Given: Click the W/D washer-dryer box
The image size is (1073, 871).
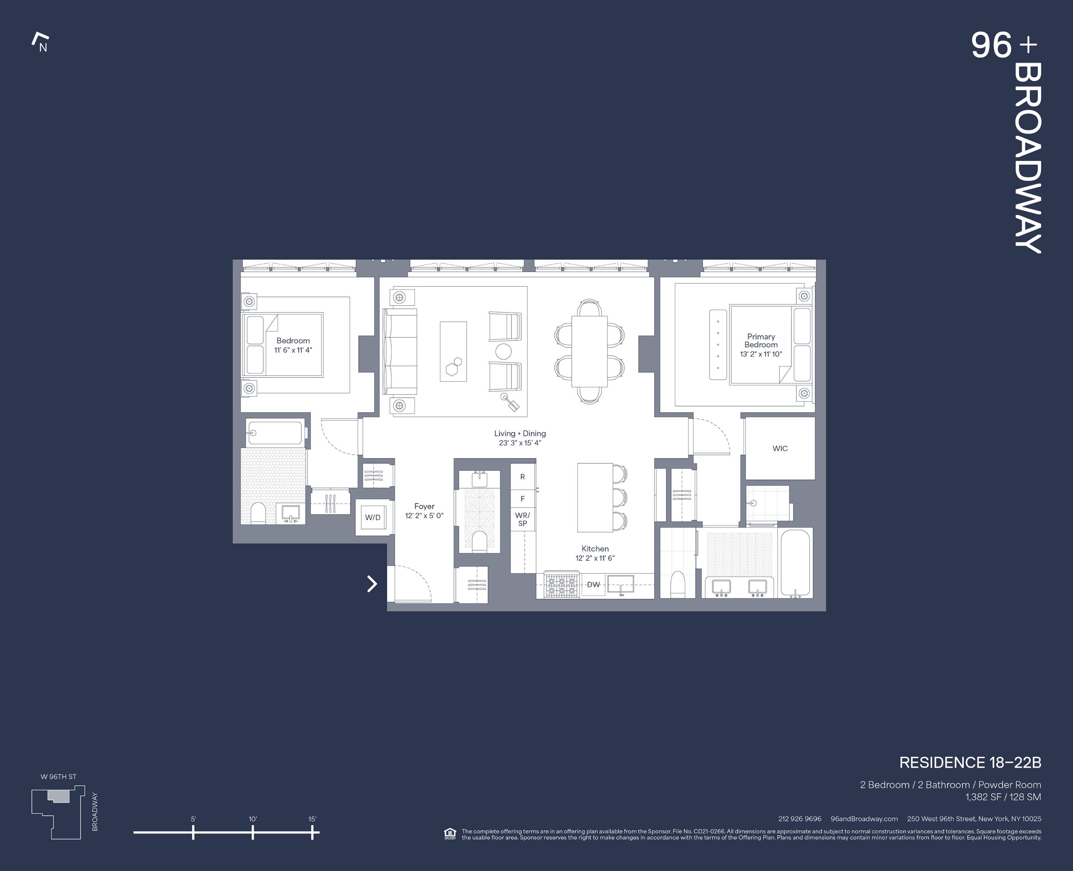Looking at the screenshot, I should tap(372, 517).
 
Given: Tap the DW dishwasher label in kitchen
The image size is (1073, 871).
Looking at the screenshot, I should tap(593, 585).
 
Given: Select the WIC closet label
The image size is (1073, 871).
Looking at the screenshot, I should tap(779, 448).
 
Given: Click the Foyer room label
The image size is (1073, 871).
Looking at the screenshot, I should tap(424, 506).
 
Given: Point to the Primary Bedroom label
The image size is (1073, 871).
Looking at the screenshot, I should tap(761, 341).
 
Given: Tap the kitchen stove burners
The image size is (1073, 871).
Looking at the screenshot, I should tap(562, 586).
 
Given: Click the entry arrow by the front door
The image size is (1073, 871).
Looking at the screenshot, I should tap(372, 583).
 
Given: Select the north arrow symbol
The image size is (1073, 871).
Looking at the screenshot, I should tap(41, 43).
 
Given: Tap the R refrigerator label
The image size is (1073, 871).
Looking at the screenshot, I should tap(522, 477).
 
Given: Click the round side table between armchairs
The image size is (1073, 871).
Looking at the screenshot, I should tap(503, 352).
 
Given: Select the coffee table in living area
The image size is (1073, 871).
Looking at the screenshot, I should tap(453, 351).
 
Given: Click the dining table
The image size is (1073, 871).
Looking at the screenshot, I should tap(589, 351).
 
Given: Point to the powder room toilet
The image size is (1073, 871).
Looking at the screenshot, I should tap(479, 542).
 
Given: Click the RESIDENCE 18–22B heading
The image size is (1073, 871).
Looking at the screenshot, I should tap(970, 763).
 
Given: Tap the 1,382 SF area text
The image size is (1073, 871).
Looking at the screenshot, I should tap(1002, 797).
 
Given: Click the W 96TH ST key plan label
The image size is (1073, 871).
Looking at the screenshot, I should tap(59, 777).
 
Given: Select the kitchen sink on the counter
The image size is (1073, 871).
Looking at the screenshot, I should tap(620, 584).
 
